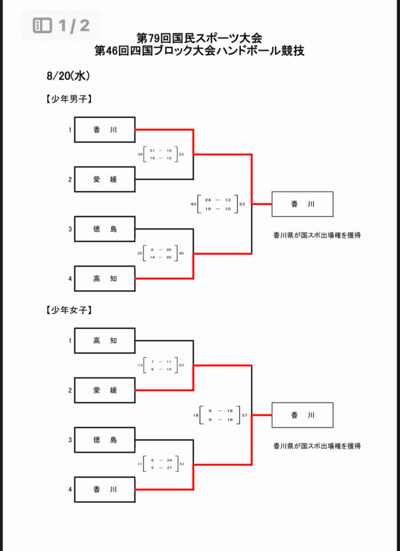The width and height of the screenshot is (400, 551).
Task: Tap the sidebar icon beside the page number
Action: [x=42, y=25]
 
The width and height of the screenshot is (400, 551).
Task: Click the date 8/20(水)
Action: [x=68, y=76]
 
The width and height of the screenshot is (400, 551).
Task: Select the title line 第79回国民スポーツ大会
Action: [x=199, y=39]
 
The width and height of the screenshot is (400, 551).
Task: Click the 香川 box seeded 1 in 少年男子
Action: [x=105, y=130]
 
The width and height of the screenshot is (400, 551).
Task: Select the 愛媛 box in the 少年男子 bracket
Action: [x=105, y=179]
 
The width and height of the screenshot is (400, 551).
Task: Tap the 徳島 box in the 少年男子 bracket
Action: [x=105, y=229]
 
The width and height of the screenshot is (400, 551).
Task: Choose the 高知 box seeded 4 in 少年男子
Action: [x=105, y=279]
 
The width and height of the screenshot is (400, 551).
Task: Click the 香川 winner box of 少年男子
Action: [x=302, y=204]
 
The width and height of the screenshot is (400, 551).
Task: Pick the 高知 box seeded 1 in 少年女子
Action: [x=105, y=341]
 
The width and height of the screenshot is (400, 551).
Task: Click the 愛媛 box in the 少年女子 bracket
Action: [x=105, y=390]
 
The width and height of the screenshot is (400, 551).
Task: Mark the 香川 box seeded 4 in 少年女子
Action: [x=105, y=490]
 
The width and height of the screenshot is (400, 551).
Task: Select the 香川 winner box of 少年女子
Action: [x=302, y=415]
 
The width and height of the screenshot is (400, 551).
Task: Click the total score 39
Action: [x=140, y=154]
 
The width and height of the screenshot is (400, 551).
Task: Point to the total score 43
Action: [x=193, y=204]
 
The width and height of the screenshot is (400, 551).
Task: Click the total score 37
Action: [x=244, y=415]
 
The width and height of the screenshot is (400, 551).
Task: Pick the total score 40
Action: [x=181, y=253]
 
